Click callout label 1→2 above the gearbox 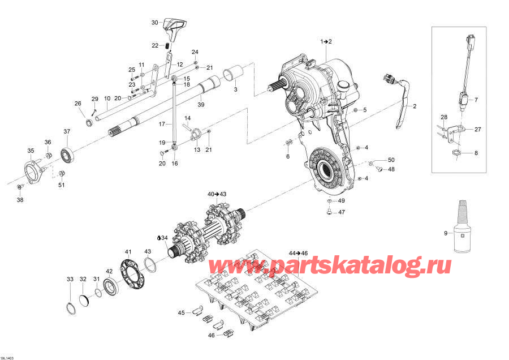pyautogui.click(x=326, y=42)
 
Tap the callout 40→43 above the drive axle pyautogui.click(x=217, y=194)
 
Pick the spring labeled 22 pyautogui.click(x=168, y=45)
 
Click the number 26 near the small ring pyautogui.click(x=78, y=103)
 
